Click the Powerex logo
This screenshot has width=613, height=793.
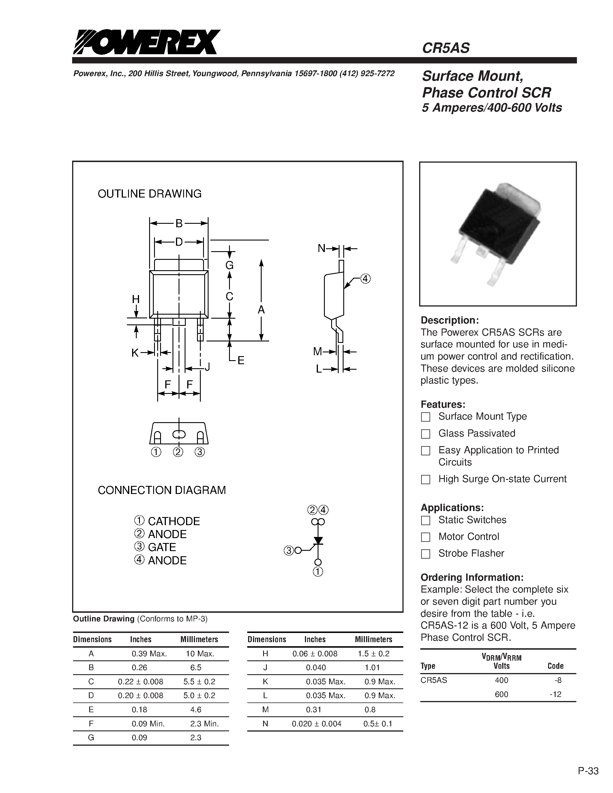coord(146,42)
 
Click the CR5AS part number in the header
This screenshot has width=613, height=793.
coord(446,48)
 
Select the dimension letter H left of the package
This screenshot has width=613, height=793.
coord(136,299)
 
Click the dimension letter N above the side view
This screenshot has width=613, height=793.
coord(321,248)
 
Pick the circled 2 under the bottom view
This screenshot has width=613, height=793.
coord(178,452)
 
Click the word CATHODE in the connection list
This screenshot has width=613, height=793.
coord(174,521)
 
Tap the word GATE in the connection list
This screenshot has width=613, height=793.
coord(162,547)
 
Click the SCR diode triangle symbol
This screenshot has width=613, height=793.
coord(318,541)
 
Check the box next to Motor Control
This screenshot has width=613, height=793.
coord(425,537)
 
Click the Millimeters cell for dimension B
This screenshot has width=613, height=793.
coord(196,667)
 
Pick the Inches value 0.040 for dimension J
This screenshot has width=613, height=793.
coord(316,667)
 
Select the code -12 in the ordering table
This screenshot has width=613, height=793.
coord(555,694)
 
